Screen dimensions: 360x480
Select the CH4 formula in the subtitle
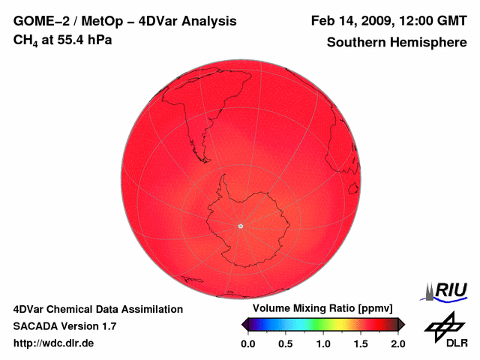coord(24,40)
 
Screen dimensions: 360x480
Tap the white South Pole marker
coord(240,226)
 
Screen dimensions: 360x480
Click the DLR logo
coord(445,330)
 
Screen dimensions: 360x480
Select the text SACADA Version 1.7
coord(64,326)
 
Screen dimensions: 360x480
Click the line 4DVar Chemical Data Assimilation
coord(97,309)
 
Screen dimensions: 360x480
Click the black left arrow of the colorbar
coord(244,324)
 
